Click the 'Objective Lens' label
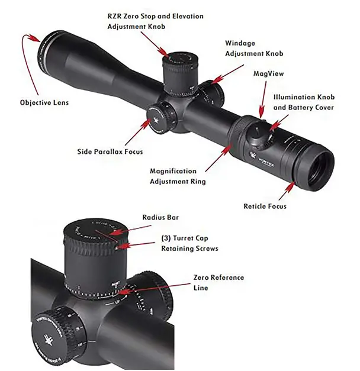(x=44, y=102)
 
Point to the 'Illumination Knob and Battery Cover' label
(x=304, y=102)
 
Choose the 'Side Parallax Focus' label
(x=110, y=151)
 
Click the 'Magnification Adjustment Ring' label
(x=178, y=176)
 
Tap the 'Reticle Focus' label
(x=265, y=206)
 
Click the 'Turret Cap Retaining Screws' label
(x=189, y=243)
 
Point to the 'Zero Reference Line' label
(x=218, y=282)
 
